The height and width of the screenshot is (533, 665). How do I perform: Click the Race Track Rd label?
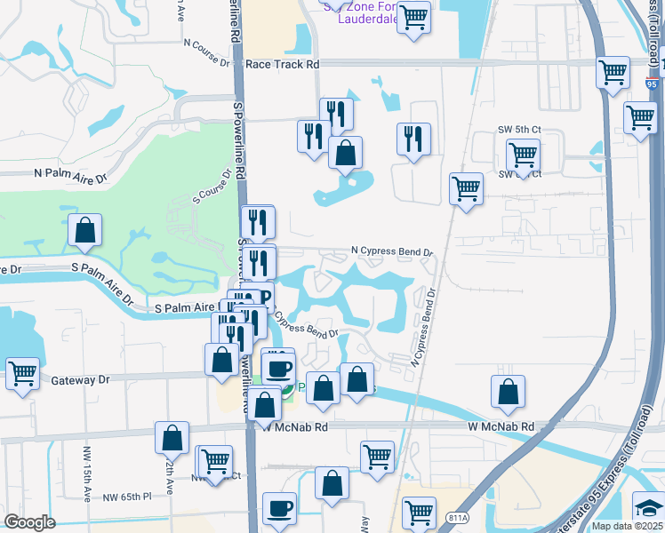[282, 64]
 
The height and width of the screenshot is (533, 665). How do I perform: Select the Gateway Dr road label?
[80, 380]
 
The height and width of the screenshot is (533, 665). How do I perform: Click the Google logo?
[29, 522]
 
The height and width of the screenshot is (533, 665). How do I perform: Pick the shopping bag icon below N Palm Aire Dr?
[84, 229]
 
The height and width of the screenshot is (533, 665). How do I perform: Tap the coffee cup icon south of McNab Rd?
[282, 507]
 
